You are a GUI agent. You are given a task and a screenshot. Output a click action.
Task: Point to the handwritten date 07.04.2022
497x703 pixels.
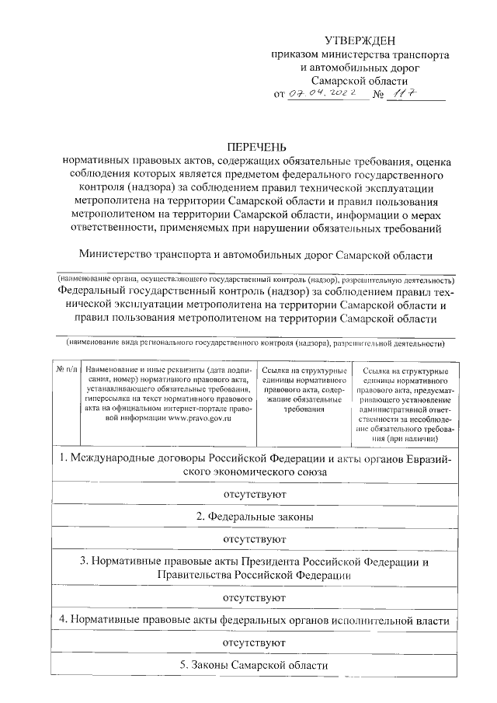pyautogui.click(x=326, y=94)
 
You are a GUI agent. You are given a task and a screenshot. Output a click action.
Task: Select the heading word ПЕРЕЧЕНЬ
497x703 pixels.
pyautogui.click(x=256, y=146)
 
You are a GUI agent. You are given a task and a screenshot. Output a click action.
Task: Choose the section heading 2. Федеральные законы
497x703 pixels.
pyautogui.click(x=255, y=516)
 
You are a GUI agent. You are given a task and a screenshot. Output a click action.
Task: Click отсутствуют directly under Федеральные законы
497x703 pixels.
pyautogui.click(x=255, y=538)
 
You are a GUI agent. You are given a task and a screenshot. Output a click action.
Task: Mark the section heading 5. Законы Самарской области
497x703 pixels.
pyautogui.click(x=255, y=666)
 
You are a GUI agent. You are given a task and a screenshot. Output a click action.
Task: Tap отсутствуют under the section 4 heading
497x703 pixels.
pyautogui.click(x=255, y=643)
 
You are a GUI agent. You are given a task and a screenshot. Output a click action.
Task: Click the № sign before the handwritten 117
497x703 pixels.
pyautogui.click(x=380, y=95)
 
